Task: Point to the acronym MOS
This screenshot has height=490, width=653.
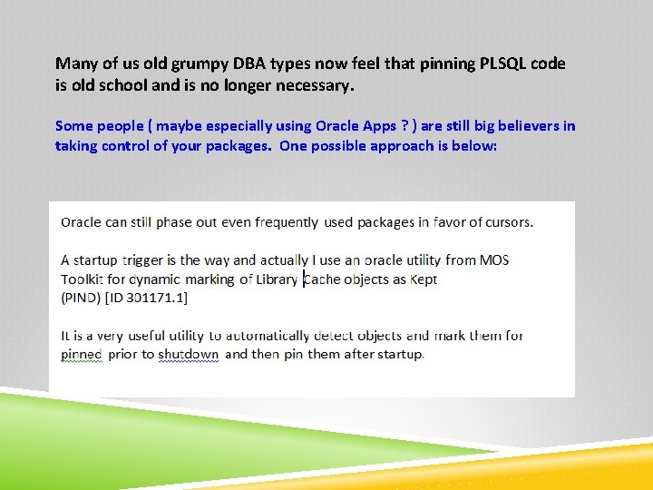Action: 494,260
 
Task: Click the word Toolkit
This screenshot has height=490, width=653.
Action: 83,279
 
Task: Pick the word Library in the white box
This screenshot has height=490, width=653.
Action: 277,279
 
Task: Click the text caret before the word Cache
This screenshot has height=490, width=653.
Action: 304,279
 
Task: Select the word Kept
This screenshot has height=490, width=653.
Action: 424,279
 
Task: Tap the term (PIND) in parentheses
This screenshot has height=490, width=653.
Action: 80,298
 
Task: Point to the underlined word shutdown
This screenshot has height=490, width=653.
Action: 188,354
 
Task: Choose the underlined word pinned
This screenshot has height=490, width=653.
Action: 82,354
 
